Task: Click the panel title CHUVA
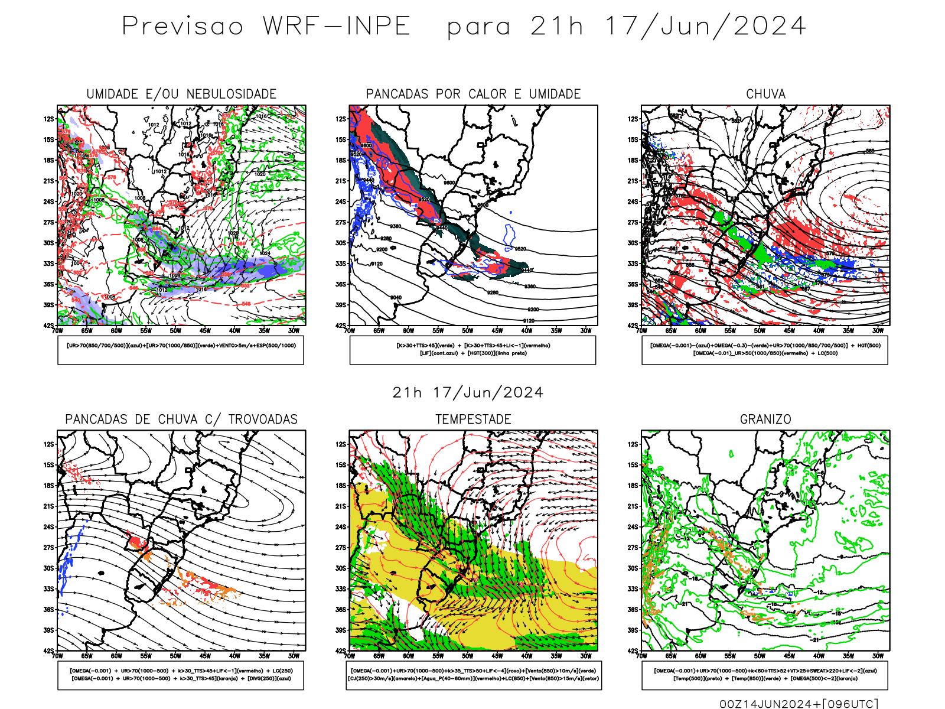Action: click(765, 94)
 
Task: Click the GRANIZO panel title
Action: click(765, 419)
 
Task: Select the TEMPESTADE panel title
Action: click(473, 419)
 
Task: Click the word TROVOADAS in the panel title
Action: click(263, 419)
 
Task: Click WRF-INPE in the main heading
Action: click(336, 27)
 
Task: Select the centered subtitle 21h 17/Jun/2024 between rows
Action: click(468, 393)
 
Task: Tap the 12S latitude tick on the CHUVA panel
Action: click(633, 119)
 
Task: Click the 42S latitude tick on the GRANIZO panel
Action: click(633, 651)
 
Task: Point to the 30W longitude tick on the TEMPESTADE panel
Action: click(585, 656)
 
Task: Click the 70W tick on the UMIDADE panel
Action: click(57, 331)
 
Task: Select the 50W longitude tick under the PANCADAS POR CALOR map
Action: click(467, 331)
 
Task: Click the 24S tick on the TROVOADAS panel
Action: click(48, 527)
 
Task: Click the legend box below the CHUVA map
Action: click(765, 350)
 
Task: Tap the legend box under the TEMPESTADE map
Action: click(473, 675)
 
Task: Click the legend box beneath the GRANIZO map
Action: click(765, 675)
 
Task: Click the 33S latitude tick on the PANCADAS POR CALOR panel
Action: click(341, 264)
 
